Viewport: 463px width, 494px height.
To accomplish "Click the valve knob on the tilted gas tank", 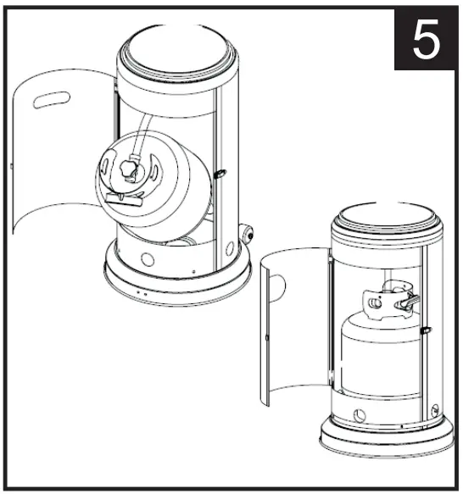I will [129, 168].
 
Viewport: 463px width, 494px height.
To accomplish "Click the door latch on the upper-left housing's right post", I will [220, 175].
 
